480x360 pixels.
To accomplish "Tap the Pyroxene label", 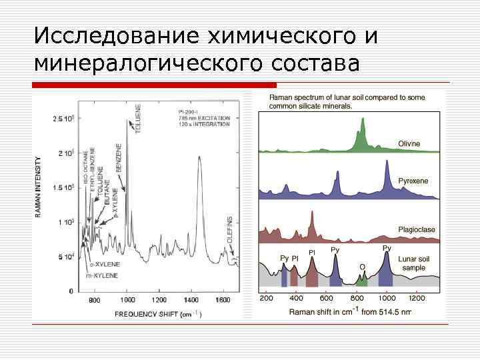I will pos(413,181).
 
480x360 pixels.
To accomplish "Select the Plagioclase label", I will pos(417,229).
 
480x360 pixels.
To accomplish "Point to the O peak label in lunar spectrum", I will pos(362,267).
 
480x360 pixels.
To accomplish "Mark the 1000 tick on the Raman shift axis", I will pos(387,299).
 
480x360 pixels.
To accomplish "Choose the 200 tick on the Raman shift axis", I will pos(267,299).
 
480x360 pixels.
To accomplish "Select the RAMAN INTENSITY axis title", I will pos(38,187).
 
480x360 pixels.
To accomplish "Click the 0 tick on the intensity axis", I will pos(71,291).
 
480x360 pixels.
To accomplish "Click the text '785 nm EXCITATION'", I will pos(204,118).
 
